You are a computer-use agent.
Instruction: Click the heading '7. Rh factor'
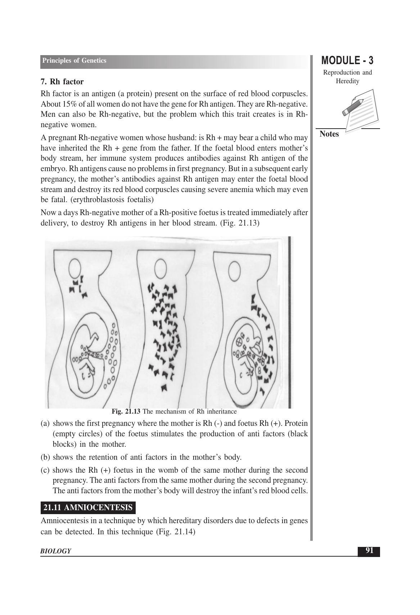62,82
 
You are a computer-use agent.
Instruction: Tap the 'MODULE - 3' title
347,60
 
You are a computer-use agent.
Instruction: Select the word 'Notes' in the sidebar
329,134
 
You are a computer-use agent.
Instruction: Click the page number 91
369,551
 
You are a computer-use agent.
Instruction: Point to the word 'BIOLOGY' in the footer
56,551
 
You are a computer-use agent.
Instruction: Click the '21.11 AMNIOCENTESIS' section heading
88,508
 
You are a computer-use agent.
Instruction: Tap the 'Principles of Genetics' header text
74,61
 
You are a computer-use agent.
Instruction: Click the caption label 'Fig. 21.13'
126,411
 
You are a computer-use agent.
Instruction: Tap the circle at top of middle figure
161,268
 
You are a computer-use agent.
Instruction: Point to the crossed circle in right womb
238,341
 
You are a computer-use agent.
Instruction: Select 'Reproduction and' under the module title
347,72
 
